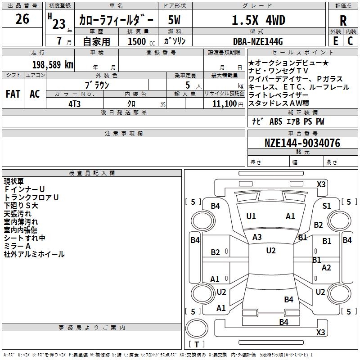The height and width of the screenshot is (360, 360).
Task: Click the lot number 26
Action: point(22,19)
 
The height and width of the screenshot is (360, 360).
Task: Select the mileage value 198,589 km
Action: point(53,65)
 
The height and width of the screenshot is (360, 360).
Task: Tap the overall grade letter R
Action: point(343,21)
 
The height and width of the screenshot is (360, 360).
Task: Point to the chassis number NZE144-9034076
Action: point(302,143)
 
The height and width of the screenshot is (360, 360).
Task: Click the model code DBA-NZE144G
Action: point(258,41)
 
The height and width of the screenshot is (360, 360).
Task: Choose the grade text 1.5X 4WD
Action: point(258,20)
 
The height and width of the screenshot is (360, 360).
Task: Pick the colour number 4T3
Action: point(74,104)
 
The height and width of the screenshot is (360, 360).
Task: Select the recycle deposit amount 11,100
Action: point(225,104)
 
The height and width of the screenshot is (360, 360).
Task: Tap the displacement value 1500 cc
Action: point(141,41)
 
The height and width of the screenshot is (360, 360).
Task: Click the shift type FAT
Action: point(13,94)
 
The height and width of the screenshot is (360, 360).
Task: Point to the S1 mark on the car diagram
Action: point(327,206)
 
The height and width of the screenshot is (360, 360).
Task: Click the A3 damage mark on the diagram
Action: point(257,237)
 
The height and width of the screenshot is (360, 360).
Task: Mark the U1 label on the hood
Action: point(251,216)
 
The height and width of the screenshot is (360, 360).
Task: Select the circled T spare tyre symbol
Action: point(197,328)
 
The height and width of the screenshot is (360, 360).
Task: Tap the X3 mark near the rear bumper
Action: point(321,332)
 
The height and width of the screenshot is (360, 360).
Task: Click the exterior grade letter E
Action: point(335,41)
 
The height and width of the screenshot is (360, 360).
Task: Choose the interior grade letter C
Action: point(350,41)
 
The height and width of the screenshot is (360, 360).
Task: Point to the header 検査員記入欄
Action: point(92,173)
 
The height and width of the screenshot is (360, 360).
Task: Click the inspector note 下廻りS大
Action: point(21,206)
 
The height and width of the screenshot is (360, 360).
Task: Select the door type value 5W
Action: point(174,20)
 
